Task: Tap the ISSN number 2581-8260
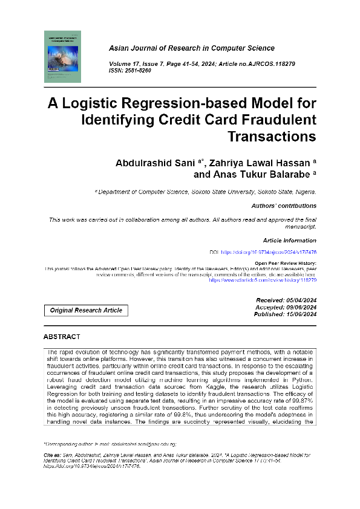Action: coord(139,71)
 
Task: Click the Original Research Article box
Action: coord(86,310)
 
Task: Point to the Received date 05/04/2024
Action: coord(296,300)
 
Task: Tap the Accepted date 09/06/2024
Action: coord(296,308)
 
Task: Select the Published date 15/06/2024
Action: coord(296,314)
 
